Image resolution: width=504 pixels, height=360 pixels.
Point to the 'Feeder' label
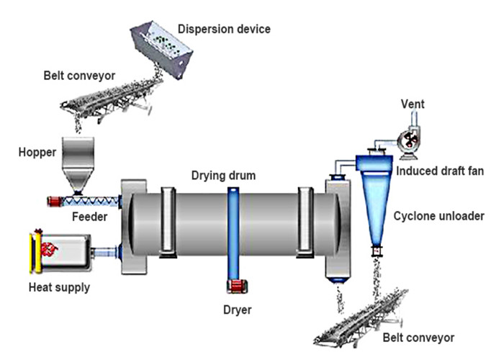tap(91, 215)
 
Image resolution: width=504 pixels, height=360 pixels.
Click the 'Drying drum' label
tap(223, 175)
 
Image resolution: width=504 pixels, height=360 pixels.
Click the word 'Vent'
tap(413, 104)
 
